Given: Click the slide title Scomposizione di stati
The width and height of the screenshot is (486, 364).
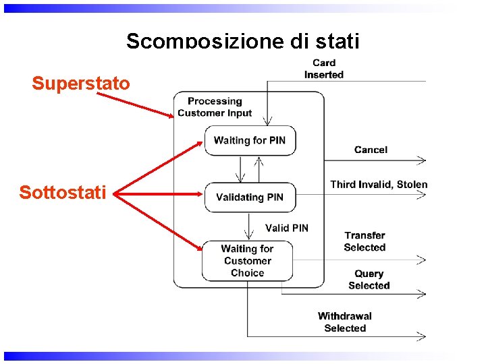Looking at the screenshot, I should pos(243,41).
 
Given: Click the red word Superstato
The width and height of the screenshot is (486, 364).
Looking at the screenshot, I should pos(80,84).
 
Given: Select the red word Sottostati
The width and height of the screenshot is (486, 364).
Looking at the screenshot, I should pos(62,193).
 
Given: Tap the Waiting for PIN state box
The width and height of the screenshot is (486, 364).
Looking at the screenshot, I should pos(250,141).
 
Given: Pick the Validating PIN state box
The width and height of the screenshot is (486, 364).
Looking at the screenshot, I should pos(250,197).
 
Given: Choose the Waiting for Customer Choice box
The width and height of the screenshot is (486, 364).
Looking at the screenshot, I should pos(247,261).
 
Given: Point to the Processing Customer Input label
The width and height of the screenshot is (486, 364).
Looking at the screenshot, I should pos(215,107).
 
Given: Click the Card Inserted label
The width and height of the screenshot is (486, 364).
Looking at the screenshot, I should pos(324,69).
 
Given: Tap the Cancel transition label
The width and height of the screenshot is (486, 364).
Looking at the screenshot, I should pos(371,150).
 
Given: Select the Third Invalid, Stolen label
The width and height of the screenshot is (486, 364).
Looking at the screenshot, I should pos(379,185).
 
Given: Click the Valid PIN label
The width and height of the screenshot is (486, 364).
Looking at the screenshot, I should pos(287,228).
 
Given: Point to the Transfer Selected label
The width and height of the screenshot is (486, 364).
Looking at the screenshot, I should pos(364,241).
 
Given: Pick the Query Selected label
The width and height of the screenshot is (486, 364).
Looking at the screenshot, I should pos(369,280).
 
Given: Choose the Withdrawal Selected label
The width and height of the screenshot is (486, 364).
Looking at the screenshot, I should pos(345,322).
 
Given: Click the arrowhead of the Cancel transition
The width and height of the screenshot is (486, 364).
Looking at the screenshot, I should pos(422,160).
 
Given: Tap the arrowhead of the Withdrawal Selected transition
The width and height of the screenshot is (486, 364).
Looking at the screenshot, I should pos(422,335).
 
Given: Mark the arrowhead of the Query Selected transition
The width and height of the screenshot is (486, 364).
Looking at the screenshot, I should pos(422,293).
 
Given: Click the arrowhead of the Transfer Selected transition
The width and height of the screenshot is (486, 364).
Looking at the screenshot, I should pos(422,260).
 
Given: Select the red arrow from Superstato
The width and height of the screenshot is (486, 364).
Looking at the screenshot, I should pos(135,104).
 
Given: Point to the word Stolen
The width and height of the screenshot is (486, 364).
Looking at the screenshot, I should pos(412,185).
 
